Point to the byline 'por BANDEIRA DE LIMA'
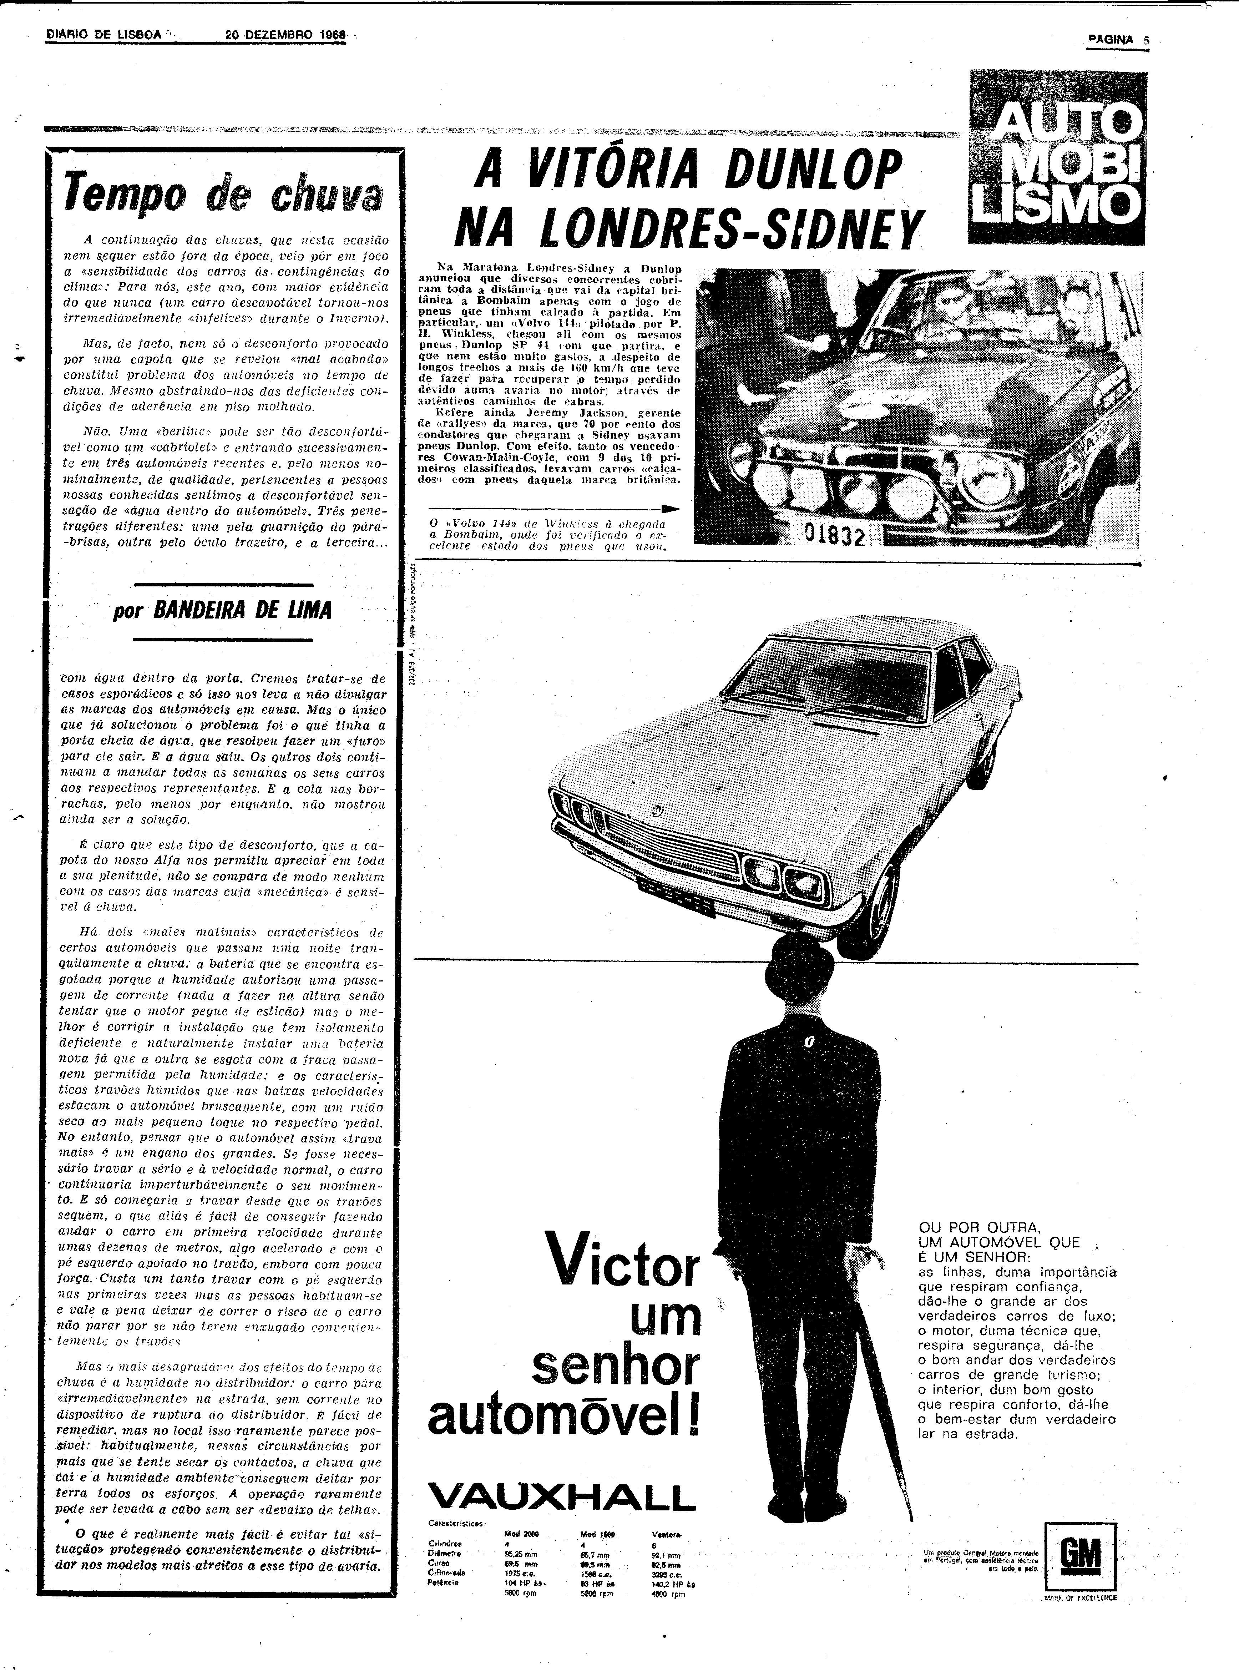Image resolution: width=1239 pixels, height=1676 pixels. click(x=222, y=610)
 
